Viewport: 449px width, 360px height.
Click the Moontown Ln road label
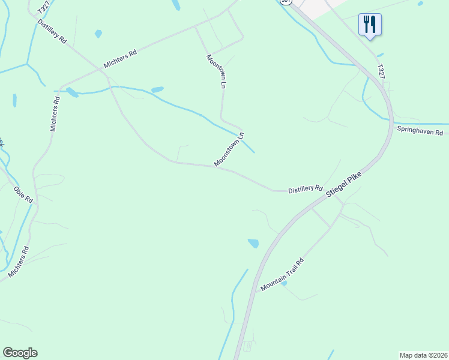pos(215,72)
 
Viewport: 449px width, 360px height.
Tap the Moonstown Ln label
pos(229,150)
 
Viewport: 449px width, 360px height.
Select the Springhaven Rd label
pos(419,131)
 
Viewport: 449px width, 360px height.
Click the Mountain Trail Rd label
pos(282,275)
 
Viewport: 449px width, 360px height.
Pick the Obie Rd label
pos(23,194)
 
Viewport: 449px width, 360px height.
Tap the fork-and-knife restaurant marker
pos(370,25)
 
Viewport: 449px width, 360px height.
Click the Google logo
pos(20,353)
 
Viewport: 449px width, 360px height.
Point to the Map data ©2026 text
pos(423,355)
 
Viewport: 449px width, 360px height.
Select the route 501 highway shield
pos(286,2)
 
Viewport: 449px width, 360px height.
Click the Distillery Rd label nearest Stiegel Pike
pos(305,189)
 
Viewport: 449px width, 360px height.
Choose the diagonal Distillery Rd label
pos(51,30)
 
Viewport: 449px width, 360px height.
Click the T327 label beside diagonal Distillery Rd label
pos(43,7)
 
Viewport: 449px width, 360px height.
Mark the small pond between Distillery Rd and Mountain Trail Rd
pos(253,243)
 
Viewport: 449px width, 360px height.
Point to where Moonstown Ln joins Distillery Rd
pos(214,167)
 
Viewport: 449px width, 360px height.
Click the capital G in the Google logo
pos(7,353)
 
